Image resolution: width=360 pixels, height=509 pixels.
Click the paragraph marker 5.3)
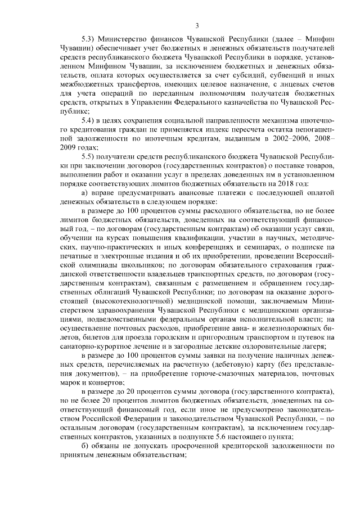point(89,40)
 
